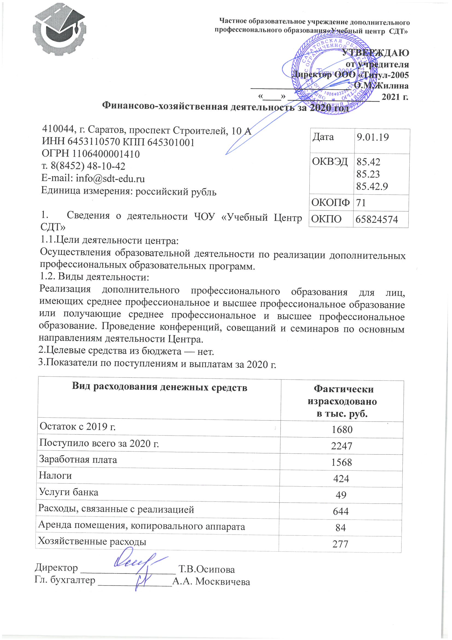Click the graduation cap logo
59,31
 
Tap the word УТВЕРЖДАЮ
375,53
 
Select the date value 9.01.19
373,137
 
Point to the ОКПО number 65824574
377,219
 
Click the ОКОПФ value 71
361,202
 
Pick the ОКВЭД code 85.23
368,174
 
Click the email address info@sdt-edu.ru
110,178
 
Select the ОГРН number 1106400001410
106,154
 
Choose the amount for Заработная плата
342,462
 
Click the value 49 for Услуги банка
341,495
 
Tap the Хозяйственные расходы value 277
340,544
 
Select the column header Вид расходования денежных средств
160,387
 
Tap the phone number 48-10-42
106,166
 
